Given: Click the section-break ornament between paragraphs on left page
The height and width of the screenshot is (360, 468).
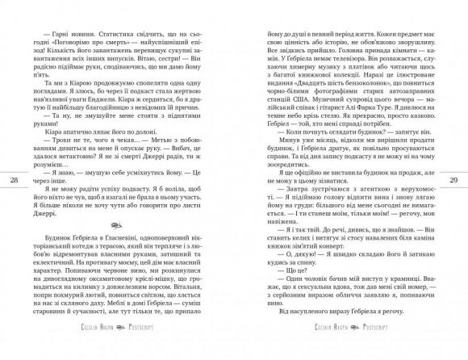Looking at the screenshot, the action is (x=123, y=204).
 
